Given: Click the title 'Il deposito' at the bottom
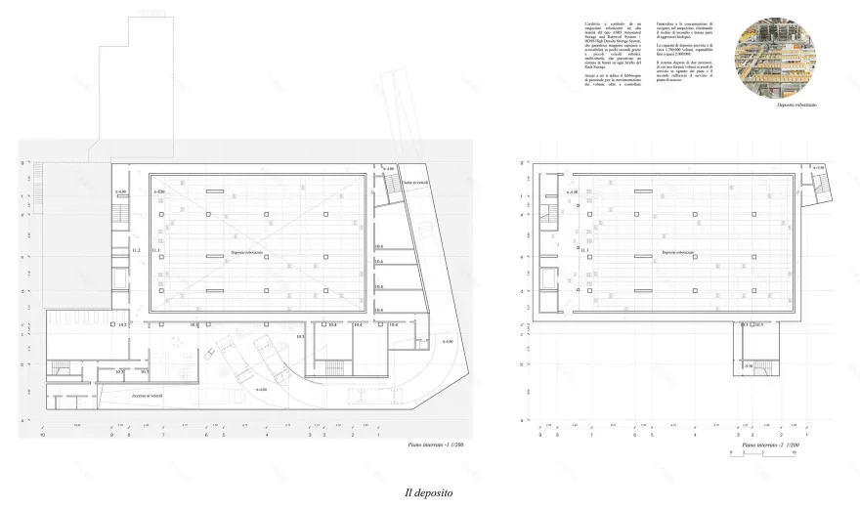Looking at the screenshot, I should (430, 493).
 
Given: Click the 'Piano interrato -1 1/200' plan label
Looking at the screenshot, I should (440, 445).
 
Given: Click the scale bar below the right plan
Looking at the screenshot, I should (762, 454).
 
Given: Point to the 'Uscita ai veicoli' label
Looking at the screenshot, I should (418, 183).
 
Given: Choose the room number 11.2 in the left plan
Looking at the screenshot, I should (135, 251).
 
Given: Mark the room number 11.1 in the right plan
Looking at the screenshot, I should (584, 250).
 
